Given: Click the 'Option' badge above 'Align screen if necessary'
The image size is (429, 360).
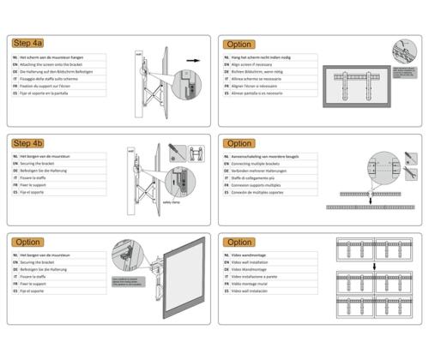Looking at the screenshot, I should pyautogui.click(x=239, y=44).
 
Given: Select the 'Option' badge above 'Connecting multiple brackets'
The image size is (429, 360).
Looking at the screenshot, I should pyautogui.click(x=239, y=144).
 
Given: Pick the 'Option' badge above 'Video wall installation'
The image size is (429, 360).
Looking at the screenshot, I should pyautogui.click(x=239, y=243).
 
